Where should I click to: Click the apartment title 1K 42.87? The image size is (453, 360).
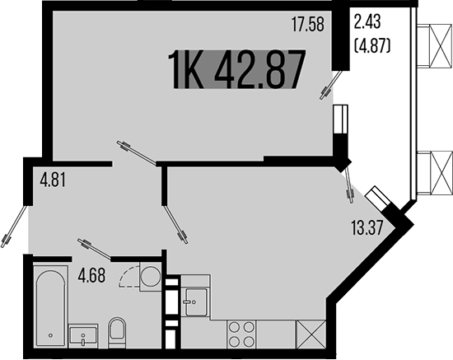(236, 70)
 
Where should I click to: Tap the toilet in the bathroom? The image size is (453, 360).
(116, 330)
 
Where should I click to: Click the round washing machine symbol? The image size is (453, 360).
(150, 276)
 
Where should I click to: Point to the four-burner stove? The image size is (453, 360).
(240, 334)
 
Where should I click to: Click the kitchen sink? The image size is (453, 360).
(196, 301)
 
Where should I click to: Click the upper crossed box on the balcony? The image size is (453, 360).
(434, 46)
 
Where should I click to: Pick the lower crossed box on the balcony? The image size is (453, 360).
(434, 172)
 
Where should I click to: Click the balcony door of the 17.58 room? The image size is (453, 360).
(331, 86)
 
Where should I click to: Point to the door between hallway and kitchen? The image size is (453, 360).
(175, 222)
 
